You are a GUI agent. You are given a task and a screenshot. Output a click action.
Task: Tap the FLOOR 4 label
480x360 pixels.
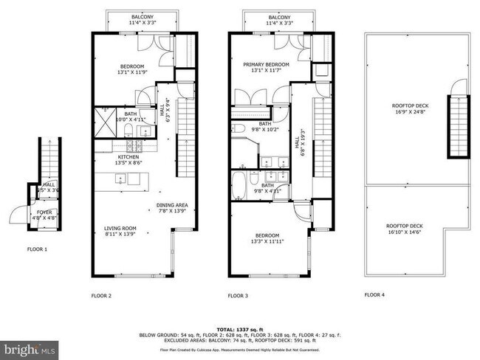tap(374, 295)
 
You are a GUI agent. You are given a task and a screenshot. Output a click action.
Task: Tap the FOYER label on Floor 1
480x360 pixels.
tap(46, 215)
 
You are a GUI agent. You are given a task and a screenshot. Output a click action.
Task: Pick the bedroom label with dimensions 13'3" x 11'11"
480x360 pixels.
tap(267, 238)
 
